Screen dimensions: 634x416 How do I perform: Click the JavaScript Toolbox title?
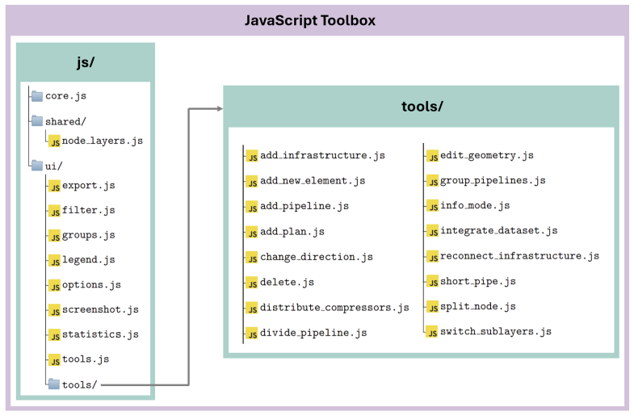309,20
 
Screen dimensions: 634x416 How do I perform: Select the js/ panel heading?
86,62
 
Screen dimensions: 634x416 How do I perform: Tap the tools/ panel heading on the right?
422,107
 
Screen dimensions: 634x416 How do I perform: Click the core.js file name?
65,96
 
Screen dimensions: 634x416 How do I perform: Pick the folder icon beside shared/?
37,120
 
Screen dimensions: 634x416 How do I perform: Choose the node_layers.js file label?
103,141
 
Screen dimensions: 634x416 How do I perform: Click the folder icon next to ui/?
37,165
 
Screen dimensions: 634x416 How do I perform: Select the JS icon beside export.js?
55,186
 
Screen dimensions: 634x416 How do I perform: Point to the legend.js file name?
88,259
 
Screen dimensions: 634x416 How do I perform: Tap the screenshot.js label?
100,309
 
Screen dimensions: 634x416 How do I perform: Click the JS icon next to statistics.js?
55,335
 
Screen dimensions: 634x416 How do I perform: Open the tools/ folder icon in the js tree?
54,384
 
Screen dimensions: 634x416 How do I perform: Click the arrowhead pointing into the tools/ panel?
220,109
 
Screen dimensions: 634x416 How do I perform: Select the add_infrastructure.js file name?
322,156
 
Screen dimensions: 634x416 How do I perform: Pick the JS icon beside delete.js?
251,283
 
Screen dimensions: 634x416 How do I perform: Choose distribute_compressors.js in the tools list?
334,308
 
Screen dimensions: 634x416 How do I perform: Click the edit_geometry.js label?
487,156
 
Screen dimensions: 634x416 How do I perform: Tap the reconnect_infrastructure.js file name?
519,256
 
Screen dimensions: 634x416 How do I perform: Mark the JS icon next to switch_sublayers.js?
432,332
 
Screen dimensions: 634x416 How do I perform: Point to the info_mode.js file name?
475,205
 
